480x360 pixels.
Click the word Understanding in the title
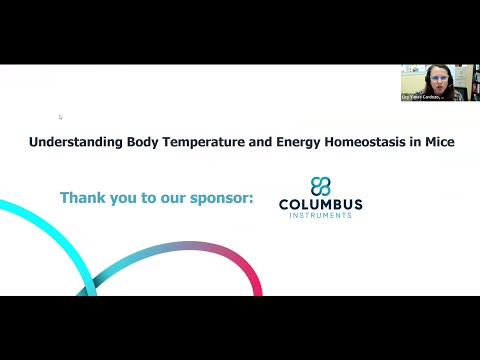point(76,143)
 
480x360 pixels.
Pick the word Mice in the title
point(438,143)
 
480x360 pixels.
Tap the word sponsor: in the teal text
point(220,198)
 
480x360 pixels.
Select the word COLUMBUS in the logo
point(321,205)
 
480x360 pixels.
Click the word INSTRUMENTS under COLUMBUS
point(321,216)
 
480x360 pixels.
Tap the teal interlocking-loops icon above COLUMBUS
point(320,186)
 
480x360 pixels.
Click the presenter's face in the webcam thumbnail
point(438,77)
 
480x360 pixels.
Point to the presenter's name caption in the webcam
point(425,97)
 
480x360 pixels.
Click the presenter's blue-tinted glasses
point(438,75)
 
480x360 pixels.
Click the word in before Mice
point(415,143)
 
